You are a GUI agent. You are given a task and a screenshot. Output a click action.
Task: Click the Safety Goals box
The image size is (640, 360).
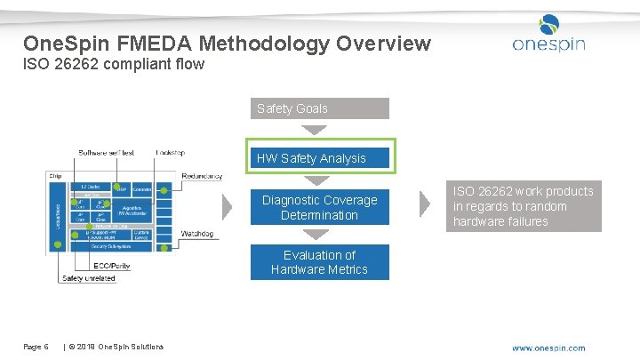[319, 108]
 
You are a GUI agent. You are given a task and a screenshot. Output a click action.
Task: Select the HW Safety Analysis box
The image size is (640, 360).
[319, 158]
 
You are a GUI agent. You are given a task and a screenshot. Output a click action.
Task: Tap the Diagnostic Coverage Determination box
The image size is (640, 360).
[319, 207]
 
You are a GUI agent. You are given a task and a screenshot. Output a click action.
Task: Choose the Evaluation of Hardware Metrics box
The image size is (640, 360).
[319, 262]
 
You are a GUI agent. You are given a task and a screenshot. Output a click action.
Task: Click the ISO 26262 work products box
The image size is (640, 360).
[524, 206]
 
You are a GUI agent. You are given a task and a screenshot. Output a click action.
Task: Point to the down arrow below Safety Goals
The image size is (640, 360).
[316, 129]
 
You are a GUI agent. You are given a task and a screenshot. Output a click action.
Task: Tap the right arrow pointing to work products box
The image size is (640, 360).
[425, 204]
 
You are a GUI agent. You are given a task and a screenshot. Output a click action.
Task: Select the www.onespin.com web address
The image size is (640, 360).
[548, 348]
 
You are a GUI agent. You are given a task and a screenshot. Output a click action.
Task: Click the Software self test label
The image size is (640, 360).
[106, 152]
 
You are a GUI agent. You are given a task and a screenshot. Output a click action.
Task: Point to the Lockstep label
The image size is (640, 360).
[170, 152]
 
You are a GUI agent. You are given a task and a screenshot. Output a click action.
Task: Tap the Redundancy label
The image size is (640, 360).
[202, 176]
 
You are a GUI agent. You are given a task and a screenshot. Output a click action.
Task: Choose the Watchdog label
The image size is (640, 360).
[197, 234]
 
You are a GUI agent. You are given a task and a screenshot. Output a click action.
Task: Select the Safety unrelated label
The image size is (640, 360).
[88, 278]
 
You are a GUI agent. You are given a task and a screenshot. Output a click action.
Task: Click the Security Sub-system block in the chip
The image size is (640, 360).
[107, 247]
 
